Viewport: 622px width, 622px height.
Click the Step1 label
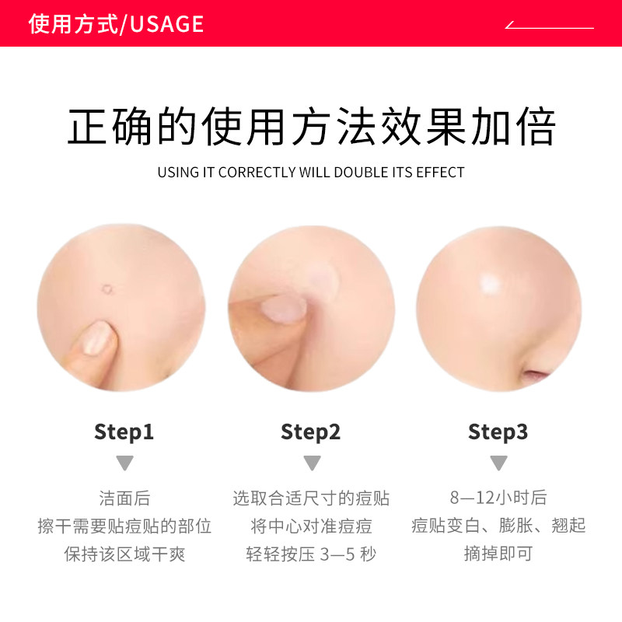point(124,432)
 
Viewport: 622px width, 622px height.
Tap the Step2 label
point(311,432)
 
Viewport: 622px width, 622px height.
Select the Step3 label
point(498,432)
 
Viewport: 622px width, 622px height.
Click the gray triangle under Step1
point(124,463)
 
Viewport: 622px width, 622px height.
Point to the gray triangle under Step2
point(312,463)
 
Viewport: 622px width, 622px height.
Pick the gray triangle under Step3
point(498,463)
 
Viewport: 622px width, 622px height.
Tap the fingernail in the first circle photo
point(96,337)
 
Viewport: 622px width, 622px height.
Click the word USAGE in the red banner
point(166,24)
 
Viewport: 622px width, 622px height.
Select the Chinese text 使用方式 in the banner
point(72,24)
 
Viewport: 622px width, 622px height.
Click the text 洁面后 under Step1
point(124,498)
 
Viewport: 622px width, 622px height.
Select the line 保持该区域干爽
point(124,554)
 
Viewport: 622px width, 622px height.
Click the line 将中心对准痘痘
point(311,526)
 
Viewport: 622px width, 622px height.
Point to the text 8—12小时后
point(498,498)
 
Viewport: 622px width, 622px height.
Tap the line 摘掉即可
point(498,554)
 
